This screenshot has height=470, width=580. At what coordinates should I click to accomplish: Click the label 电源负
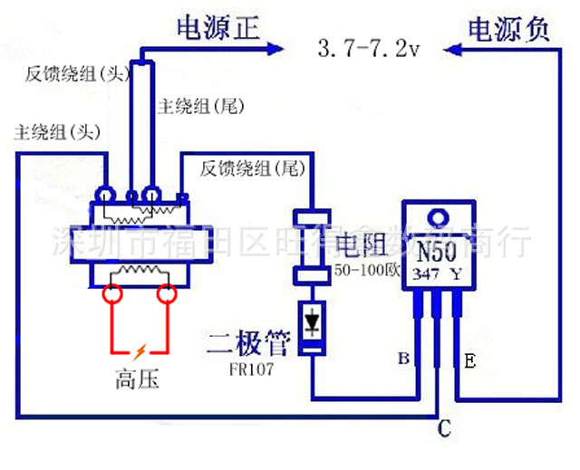(x=507, y=29)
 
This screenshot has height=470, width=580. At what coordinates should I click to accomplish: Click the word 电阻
(x=362, y=244)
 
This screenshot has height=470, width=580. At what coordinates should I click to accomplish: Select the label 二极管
(x=248, y=343)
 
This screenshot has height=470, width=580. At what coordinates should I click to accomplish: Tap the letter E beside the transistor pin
(x=469, y=360)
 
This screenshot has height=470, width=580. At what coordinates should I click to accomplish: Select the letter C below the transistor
(x=443, y=428)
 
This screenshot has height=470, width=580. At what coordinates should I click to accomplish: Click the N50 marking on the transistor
(x=439, y=249)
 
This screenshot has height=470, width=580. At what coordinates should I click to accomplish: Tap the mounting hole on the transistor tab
(x=439, y=216)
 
